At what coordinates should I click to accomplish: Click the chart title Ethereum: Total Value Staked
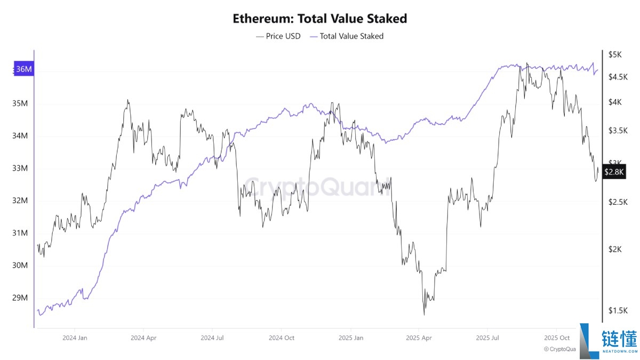(x=320, y=19)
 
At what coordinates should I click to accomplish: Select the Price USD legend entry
(x=278, y=36)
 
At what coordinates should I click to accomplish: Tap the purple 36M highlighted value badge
(x=23, y=69)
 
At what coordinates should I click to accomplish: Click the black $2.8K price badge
(x=614, y=172)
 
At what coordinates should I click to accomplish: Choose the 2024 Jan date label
(x=75, y=338)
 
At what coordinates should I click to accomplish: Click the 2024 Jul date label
(x=213, y=338)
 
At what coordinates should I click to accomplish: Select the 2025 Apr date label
(x=419, y=338)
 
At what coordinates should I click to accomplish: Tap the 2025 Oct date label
(x=557, y=338)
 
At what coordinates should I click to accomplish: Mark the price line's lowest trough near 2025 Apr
(x=425, y=315)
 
